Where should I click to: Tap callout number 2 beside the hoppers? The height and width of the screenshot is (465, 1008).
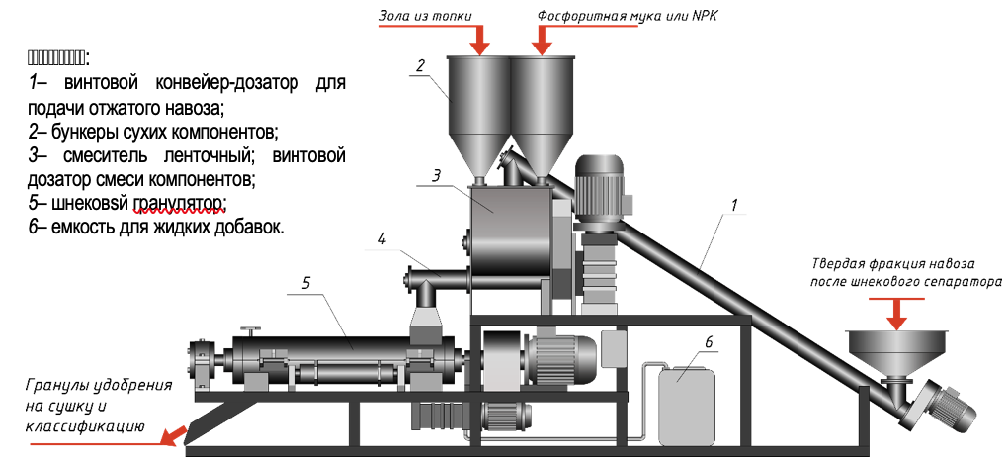pos(420,66)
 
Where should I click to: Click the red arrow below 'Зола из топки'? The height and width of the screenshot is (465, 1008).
pos(480,39)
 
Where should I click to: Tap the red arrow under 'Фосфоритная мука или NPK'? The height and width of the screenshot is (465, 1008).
pos(543,39)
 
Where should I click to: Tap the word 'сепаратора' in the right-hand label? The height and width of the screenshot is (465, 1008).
pos(966,282)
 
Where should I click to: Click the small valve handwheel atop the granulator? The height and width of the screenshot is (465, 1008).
pos(254,330)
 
